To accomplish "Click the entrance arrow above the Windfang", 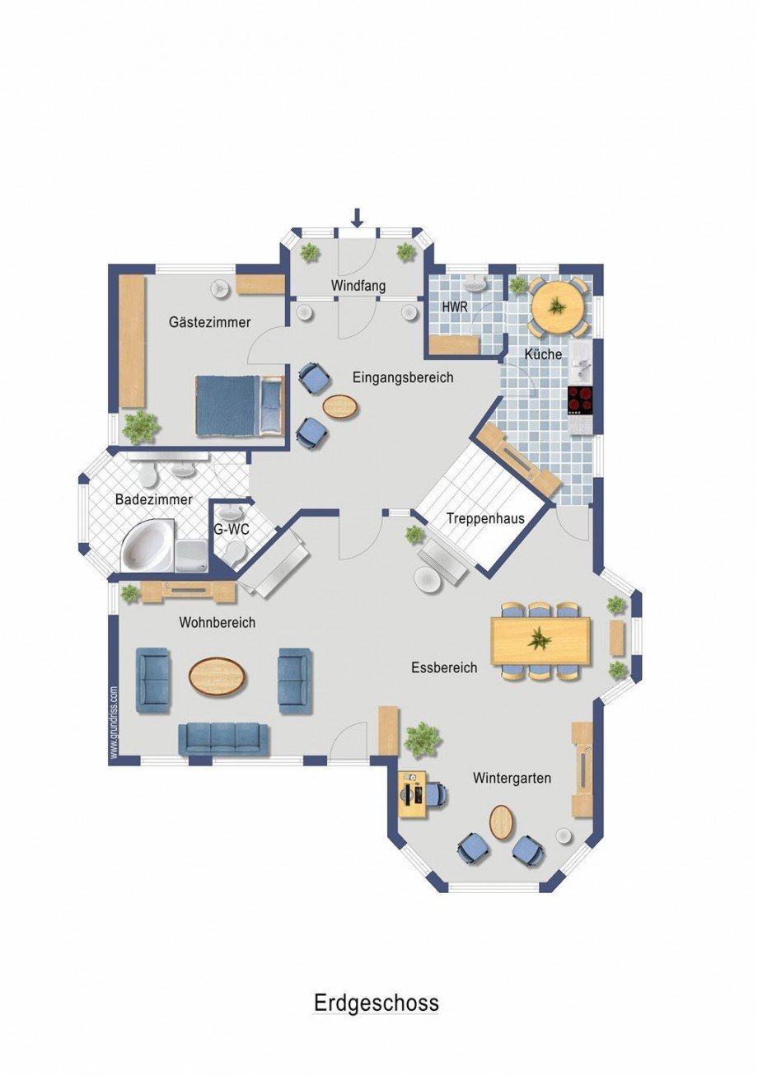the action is coord(357,218).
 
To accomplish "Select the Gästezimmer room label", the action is coord(209,322).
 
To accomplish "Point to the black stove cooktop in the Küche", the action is coord(581,400).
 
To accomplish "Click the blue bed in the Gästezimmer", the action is coord(241,405).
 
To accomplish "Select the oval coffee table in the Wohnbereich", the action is coord(218,675).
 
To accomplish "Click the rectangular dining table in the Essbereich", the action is coord(540,641).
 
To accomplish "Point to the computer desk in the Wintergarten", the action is coord(412,794).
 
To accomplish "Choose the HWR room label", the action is coord(455,307).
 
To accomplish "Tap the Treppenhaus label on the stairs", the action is coord(485,519).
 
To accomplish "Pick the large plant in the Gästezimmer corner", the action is coord(140,427).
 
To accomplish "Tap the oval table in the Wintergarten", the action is coord(502,822).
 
